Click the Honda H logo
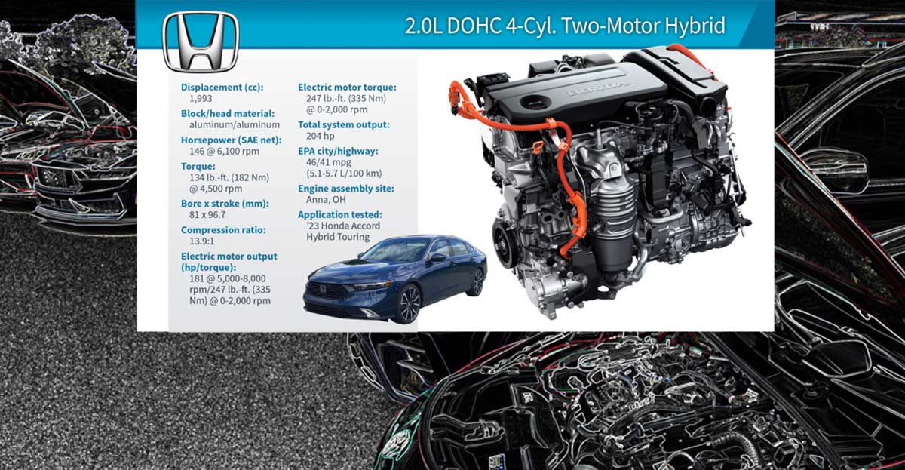click(x=201, y=42)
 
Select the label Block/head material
click(x=228, y=113)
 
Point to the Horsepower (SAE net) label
click(x=227, y=140)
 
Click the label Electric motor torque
click(x=347, y=88)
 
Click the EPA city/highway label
click(x=339, y=151)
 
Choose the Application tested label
click(x=340, y=215)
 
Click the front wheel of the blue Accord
click(x=407, y=303)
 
